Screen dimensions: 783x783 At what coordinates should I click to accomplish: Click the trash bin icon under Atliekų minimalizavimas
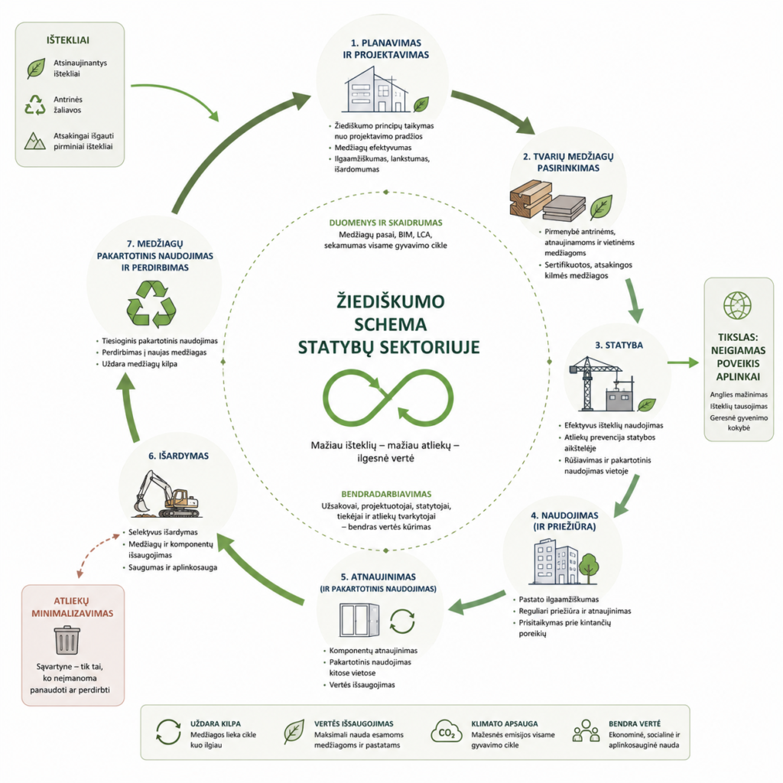click(67, 640)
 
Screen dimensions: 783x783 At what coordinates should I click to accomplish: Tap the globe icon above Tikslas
click(737, 306)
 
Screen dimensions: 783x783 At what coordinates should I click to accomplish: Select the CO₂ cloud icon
click(446, 732)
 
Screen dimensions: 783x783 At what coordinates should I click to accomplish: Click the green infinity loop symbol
click(388, 398)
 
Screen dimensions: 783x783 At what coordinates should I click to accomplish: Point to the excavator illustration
click(167, 495)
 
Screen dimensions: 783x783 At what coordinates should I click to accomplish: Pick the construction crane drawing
click(597, 383)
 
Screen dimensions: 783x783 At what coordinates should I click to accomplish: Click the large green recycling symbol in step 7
click(151, 304)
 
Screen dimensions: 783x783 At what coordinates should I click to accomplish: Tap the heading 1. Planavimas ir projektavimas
click(385, 49)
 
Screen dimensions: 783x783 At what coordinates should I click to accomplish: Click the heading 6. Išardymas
click(178, 456)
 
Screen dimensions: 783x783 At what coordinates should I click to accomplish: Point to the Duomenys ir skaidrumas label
click(385, 223)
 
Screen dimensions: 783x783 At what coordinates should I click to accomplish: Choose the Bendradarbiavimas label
click(386, 494)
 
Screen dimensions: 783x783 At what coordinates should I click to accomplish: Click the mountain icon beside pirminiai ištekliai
click(35, 141)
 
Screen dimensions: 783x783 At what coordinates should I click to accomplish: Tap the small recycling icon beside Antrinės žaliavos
click(35, 105)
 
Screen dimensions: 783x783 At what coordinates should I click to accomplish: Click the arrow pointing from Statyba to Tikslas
click(683, 362)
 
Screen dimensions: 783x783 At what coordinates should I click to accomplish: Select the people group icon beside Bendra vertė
click(586, 731)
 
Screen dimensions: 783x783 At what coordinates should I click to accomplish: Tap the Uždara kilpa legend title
click(215, 723)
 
